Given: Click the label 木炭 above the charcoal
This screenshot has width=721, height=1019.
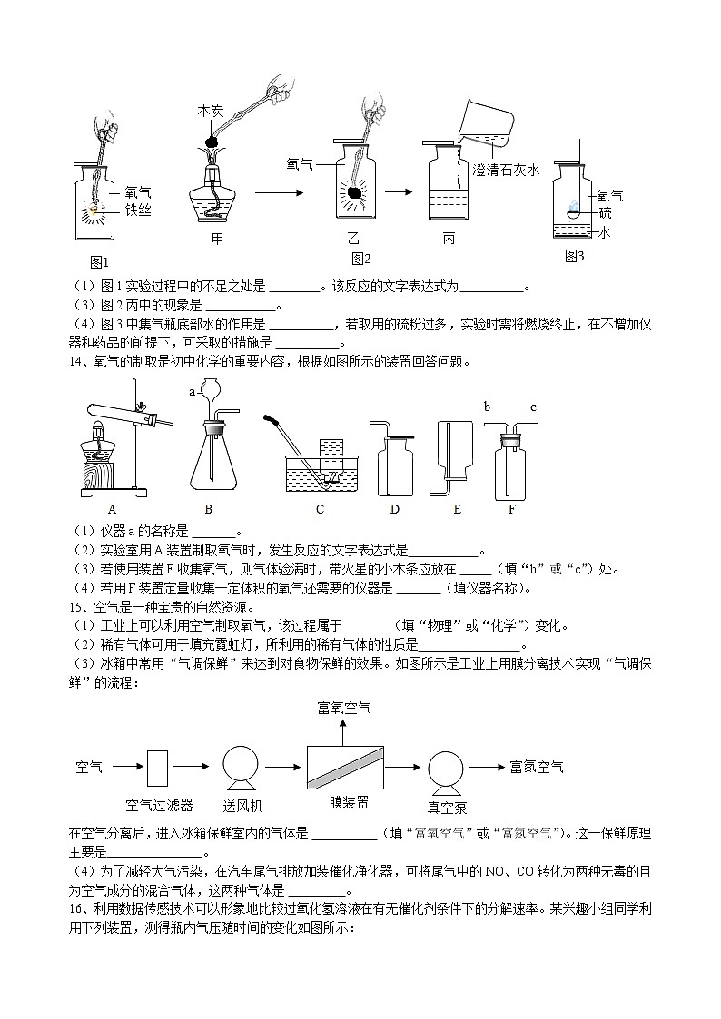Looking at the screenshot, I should coord(211,111).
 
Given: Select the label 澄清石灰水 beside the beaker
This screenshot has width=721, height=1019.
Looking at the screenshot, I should coord(507,170).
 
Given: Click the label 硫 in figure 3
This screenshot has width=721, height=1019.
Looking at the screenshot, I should coord(605,212).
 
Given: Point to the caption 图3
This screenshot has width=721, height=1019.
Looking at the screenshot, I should coord(574,256).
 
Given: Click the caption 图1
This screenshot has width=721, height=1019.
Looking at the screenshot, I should coord(99,261).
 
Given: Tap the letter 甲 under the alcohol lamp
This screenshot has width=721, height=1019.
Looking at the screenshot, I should coord(217,240).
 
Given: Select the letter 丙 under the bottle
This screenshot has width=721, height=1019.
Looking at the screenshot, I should coord(449,240).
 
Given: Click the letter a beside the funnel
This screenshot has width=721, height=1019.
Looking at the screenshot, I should coord(192,392).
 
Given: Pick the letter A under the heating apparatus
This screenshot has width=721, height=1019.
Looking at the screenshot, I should coord(112,509).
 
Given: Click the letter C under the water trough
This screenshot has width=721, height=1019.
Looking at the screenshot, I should coord(320,509).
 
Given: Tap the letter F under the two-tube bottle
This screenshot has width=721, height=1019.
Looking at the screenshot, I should coord(511,509).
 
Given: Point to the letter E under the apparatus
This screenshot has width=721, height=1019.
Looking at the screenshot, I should coord(457,509).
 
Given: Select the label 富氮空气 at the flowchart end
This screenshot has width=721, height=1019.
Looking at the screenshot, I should coord(536,767).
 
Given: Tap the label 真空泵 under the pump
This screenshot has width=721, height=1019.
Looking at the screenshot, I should coord(447,807).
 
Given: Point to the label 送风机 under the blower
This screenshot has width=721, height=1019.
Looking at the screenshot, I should coord(242,805).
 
